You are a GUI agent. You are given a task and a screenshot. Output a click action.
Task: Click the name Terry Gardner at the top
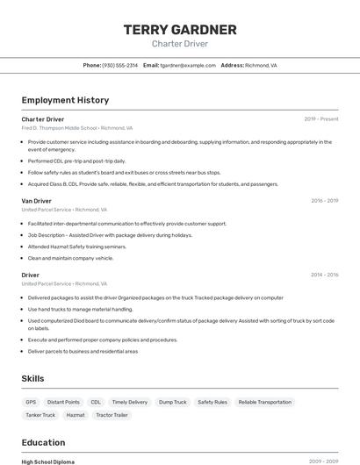pos(180,30)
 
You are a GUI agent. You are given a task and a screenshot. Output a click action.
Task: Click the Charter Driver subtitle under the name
pos(180,43)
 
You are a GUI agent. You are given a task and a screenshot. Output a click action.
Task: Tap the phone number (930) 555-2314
pos(120,65)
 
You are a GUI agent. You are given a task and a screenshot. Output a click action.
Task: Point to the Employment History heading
pos(65,100)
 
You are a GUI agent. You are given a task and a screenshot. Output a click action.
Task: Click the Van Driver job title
pos(37,201)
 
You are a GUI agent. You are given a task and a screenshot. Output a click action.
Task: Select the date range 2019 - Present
pos(321,119)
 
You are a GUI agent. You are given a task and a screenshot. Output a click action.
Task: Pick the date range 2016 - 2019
pos(324,201)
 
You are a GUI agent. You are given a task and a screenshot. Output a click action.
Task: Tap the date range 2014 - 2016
pos(324,275)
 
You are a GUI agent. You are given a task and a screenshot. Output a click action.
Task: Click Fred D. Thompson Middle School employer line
pos(77,128)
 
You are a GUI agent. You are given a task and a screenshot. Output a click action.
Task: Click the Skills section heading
pos(33,378)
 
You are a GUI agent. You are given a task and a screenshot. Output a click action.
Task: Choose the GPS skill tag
pos(32,402)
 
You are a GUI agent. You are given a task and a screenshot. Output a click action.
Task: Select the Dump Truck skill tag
pos(173,402)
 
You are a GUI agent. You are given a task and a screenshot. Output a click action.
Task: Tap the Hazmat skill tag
pos(76,415)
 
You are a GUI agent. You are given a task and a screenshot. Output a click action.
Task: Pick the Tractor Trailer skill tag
pos(112,415)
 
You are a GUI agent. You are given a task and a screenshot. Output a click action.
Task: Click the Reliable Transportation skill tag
pos(264,402)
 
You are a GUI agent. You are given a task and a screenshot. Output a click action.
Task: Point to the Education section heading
pos(43,442)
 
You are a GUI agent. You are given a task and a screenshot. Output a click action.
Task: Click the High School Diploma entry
pos(48,461)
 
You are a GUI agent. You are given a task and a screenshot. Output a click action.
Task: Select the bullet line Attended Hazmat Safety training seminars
pos(77,247)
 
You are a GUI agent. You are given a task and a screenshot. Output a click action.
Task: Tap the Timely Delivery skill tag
pos(130,402)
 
